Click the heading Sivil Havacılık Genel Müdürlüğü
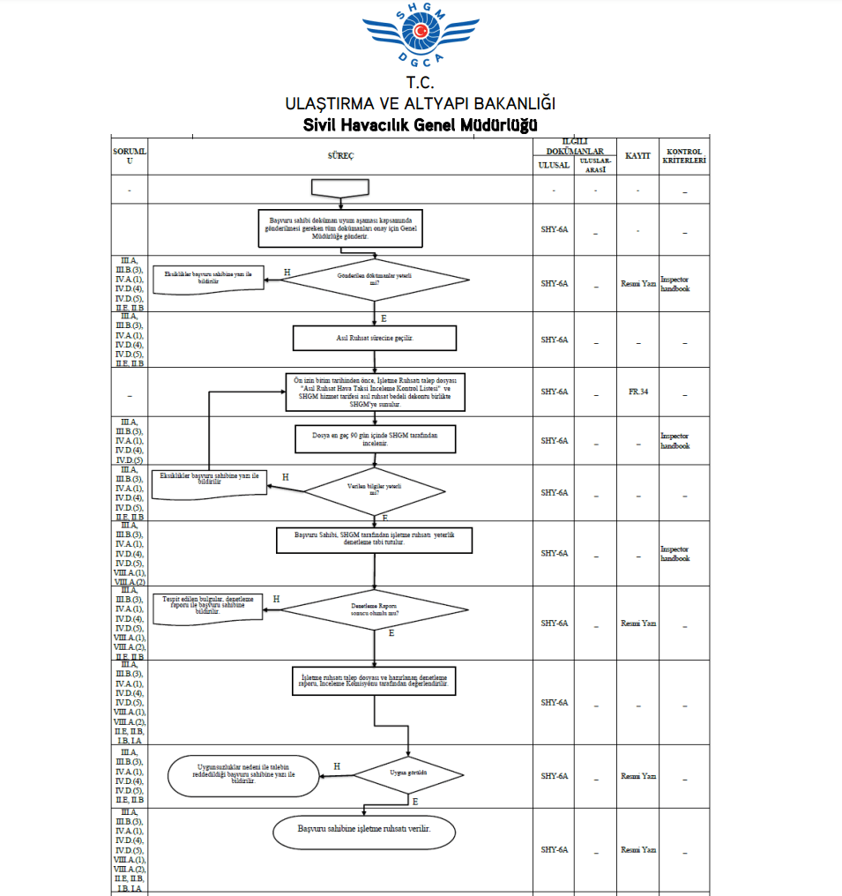(421, 125)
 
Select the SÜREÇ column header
(340, 155)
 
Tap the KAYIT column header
(637, 155)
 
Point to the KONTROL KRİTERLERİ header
(685, 156)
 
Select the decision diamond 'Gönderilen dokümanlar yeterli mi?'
(375, 280)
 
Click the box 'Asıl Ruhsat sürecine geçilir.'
(375, 338)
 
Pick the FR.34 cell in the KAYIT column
(637, 392)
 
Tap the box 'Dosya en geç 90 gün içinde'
(375, 440)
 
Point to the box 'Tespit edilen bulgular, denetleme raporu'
(208, 607)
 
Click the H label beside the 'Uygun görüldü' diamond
(337, 766)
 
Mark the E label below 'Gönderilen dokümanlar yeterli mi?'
(384, 317)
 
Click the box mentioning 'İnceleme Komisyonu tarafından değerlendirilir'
(375, 680)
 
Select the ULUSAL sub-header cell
(554, 166)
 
